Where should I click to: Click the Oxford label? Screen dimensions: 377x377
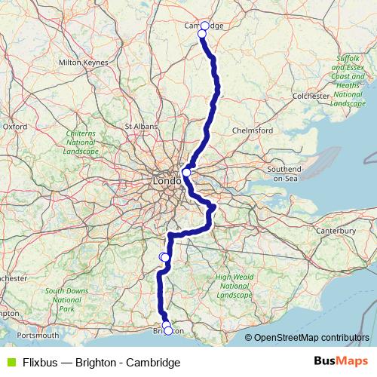(15, 127)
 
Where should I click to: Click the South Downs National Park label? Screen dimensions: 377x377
(66, 300)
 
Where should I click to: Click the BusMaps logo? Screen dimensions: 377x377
(341, 361)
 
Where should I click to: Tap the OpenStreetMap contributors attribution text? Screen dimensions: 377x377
(311, 338)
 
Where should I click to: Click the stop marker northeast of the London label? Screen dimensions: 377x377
(187, 173)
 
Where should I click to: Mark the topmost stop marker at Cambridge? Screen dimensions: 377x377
(204, 26)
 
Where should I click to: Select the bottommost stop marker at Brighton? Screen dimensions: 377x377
(168, 331)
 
